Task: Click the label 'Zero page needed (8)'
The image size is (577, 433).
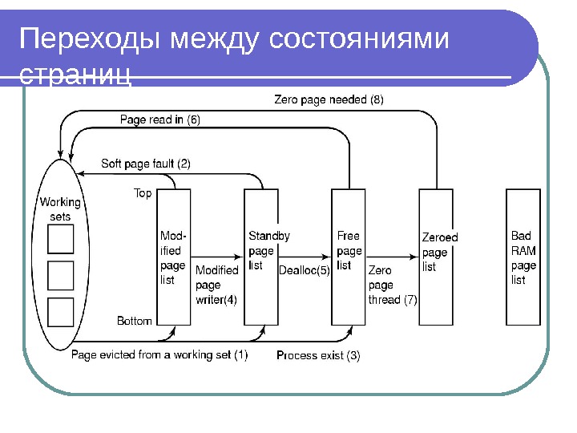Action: (329, 100)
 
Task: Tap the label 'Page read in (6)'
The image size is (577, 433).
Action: (159, 120)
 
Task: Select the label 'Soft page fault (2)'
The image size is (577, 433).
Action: (145, 164)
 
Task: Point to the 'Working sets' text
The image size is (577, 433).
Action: (60, 209)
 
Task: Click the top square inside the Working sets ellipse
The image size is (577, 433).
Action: (61, 239)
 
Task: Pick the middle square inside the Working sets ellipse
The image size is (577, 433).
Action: (61, 275)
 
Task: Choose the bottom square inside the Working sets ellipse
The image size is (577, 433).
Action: (61, 312)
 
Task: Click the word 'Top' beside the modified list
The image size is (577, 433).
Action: (143, 193)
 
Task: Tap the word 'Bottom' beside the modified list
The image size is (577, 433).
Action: (134, 321)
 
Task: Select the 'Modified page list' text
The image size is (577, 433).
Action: (173, 258)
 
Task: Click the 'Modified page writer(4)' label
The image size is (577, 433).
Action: (217, 285)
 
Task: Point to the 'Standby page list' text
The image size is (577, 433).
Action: (268, 251)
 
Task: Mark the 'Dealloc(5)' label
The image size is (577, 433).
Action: (304, 270)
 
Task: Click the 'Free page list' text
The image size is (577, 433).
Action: (349, 251)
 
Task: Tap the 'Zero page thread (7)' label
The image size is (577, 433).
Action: (393, 285)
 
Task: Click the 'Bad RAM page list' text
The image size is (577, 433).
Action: (523, 258)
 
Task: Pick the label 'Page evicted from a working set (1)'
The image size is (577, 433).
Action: (159, 354)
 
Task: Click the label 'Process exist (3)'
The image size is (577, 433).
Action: (317, 355)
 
